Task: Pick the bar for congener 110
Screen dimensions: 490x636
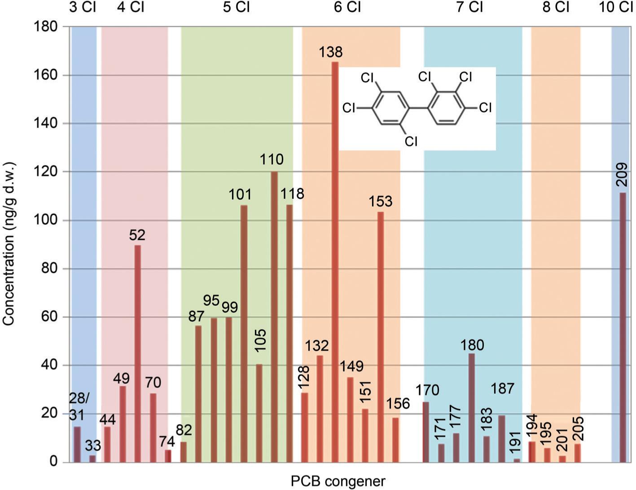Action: [x=274, y=317]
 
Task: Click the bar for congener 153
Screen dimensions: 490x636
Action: [x=381, y=337]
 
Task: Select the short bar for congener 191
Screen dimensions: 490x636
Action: [x=517, y=460]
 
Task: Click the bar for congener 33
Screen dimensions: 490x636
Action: [x=92, y=459]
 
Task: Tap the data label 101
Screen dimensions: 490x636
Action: [x=240, y=195]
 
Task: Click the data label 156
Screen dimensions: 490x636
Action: [x=398, y=404]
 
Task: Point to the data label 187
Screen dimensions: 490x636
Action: [x=502, y=388]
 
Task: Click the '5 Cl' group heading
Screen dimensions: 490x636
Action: [x=236, y=8]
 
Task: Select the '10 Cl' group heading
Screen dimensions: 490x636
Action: [x=617, y=8]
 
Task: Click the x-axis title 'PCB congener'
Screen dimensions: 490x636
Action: [x=338, y=481]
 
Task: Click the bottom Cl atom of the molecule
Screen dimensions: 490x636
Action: [x=411, y=141]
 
